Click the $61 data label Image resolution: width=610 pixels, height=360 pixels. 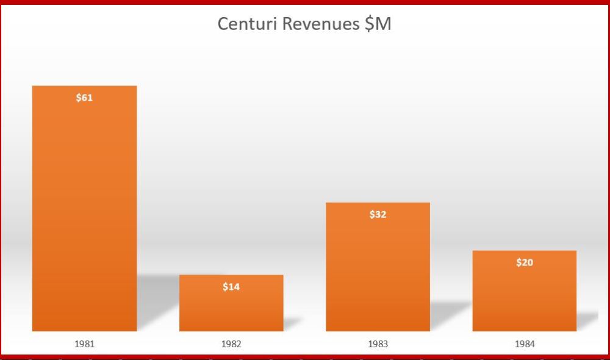(x=84, y=98)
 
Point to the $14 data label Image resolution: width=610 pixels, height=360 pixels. (x=231, y=287)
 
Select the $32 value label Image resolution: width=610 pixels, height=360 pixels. (x=378, y=215)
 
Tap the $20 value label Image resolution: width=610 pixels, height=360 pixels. (x=524, y=263)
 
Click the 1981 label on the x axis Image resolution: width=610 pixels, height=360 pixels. (x=84, y=344)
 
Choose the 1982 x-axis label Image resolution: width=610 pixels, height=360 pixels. (x=231, y=344)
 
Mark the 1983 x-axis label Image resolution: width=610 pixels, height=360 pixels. (x=378, y=344)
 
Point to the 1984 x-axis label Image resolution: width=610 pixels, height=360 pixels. (x=524, y=344)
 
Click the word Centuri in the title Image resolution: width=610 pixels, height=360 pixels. (x=246, y=24)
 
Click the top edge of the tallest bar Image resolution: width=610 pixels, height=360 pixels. (x=84, y=86)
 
